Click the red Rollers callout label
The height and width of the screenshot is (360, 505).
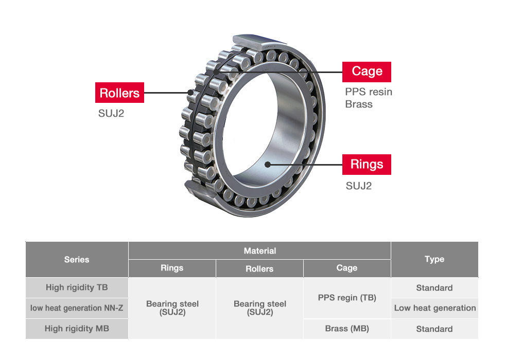coord(119,93)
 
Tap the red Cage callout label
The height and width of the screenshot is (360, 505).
coord(367,71)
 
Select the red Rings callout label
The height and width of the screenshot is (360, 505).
coord(367,165)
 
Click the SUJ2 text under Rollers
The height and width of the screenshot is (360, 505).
coord(111,114)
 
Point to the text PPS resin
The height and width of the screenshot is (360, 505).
coord(368,92)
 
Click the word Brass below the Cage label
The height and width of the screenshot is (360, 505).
coord(359,104)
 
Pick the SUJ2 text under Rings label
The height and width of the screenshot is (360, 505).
coord(358,186)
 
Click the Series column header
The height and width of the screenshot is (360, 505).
coord(77,260)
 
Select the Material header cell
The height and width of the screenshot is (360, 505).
coord(259,251)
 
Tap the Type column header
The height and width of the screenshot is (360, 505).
coord(434,259)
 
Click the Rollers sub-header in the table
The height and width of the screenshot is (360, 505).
coord(259,268)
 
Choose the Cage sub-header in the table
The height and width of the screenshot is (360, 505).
coord(346,268)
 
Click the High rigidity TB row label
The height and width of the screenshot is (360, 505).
coord(77,287)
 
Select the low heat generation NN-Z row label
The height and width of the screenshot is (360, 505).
coord(77,308)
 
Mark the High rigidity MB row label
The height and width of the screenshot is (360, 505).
coord(77,329)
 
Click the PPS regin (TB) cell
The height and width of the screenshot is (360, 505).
coord(346,298)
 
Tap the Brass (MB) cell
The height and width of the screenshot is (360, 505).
coord(346,329)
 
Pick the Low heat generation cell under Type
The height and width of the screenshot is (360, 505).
coord(434,308)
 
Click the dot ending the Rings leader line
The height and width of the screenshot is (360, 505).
coord(267,165)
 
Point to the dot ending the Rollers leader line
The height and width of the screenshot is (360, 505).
coord(191,93)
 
